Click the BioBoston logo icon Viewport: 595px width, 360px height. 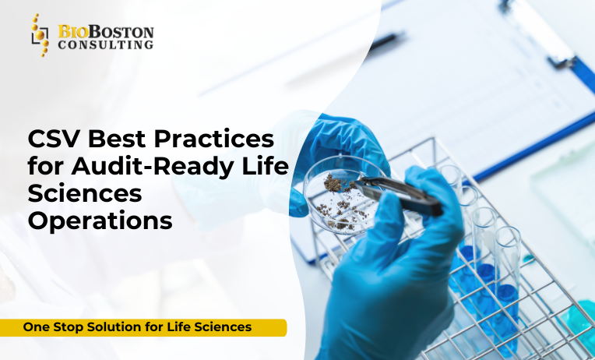click(40, 35)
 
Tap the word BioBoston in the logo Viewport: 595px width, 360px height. click(105, 32)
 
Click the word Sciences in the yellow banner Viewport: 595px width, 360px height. click(223, 327)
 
